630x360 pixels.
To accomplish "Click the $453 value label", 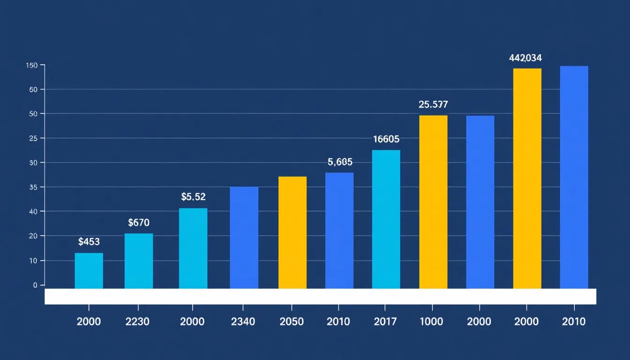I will coord(89,242).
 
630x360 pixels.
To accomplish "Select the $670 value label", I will coord(139,223).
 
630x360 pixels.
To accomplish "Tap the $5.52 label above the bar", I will coord(193,197).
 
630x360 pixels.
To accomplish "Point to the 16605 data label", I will coord(386,139).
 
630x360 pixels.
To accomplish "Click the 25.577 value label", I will coord(433,105).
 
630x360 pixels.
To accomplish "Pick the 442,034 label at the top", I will coord(525,58).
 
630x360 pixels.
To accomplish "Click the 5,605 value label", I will coord(340,162).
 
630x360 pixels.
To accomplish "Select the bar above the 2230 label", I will coord(139,261).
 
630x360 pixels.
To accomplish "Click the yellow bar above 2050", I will coord(292,232).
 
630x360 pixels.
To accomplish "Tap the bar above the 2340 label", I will coord(244,238).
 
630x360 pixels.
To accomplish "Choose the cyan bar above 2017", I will coord(386,219).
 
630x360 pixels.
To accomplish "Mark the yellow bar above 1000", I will coord(433,202).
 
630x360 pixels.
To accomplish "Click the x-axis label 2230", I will coord(138,322).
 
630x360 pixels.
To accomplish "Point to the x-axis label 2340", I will coord(243,322).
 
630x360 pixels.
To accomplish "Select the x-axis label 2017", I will coord(385,322).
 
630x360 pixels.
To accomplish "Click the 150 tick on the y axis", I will coord(31,65).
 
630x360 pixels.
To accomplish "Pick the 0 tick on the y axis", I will coord(35,285).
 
